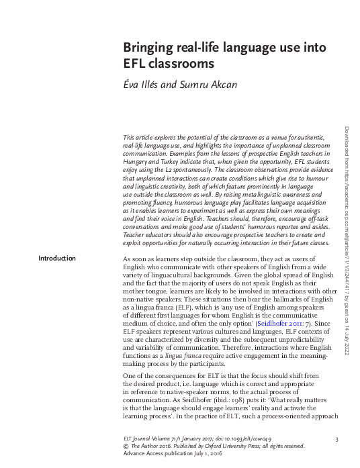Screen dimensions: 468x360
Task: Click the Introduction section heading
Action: [x=57, y=259]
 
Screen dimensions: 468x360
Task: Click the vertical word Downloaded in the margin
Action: [x=347, y=144]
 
